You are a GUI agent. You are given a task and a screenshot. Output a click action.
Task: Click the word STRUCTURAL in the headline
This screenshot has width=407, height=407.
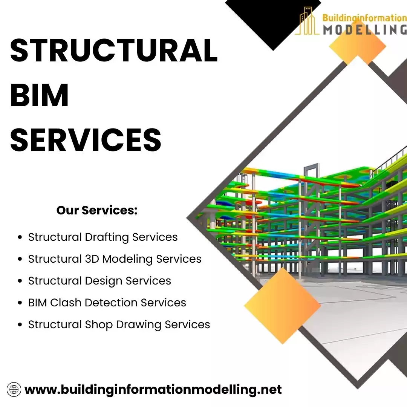(114, 50)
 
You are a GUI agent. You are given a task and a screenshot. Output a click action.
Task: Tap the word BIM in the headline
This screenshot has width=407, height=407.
(40, 95)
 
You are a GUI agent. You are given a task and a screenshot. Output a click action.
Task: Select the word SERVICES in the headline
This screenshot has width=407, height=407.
(86, 139)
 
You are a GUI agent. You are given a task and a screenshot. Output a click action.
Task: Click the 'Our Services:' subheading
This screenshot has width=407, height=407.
(97, 210)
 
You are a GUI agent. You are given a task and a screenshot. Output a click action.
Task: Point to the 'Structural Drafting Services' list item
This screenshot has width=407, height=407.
(103, 237)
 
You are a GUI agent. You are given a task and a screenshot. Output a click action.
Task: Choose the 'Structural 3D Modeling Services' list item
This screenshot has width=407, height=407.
(115, 259)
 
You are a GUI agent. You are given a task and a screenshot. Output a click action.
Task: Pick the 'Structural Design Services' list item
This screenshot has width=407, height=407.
(99, 281)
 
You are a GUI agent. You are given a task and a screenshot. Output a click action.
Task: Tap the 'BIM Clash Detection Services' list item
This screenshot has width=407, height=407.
(107, 303)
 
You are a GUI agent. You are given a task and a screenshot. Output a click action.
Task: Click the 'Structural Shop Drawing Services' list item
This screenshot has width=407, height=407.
(119, 324)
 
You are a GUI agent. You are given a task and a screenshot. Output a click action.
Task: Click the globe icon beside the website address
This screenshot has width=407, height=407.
(14, 389)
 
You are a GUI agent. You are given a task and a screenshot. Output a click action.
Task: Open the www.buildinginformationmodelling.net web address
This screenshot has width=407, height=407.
(153, 389)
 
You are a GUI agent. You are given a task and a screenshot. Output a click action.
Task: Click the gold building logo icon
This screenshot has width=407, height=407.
(308, 22)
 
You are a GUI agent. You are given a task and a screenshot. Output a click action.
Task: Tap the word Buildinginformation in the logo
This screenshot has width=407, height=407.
(364, 18)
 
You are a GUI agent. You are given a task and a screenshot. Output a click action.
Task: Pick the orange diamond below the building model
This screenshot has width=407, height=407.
(283, 306)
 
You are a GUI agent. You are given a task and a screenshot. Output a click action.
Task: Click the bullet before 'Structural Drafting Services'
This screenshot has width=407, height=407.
(20, 238)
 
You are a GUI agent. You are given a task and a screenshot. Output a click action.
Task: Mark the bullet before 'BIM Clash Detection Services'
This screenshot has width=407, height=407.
(20, 303)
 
